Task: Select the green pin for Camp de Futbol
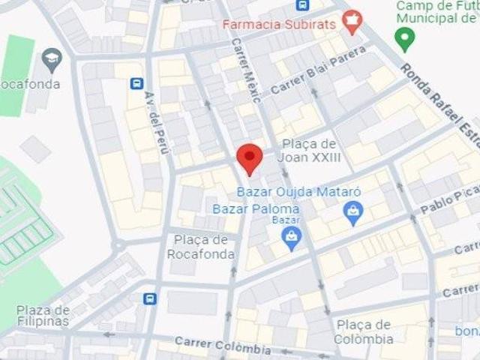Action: (405, 36)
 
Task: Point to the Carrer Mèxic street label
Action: (247, 71)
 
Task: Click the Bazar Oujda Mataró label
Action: (298, 192)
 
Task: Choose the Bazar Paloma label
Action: (256, 208)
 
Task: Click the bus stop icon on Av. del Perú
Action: (137, 84)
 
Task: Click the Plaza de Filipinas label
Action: (43, 316)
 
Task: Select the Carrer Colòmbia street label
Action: (223, 346)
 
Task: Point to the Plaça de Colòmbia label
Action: (363, 331)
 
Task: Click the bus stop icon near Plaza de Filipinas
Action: (150, 298)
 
